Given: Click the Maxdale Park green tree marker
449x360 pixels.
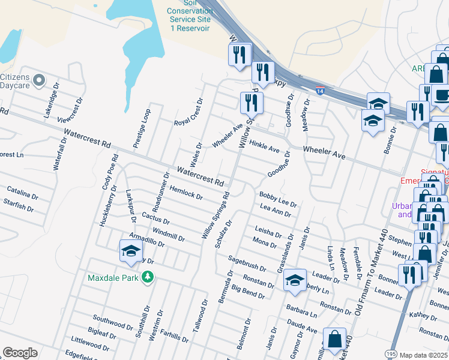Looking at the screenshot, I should pos(146,277).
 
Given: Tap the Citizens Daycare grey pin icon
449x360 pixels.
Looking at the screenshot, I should pos(40,80).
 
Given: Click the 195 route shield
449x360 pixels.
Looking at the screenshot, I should pos(391,355).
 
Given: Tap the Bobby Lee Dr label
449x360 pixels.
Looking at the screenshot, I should pos(278,199).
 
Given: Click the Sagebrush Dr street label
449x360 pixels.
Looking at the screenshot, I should pos(246,263).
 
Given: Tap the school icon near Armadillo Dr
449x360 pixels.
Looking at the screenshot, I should pos(130,251).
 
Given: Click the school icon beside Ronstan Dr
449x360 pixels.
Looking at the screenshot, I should pos(295,280).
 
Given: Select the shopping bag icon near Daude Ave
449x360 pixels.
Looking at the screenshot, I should pos(334,338).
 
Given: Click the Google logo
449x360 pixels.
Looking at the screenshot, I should pos(20,353).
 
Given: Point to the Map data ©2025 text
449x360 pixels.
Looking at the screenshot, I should pos(424,355).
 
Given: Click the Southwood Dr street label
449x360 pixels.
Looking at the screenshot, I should pos(113,322).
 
